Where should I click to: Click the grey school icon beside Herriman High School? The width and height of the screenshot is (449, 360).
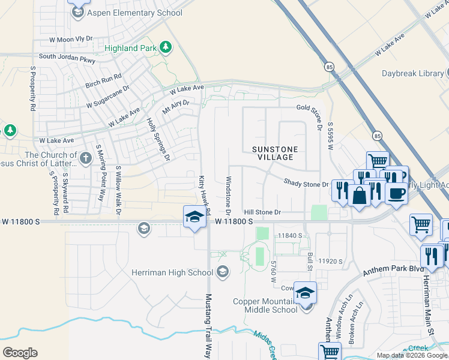222,272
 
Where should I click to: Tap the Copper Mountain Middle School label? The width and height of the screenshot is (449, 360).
271,305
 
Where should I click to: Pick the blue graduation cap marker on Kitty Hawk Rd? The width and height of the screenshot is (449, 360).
194,217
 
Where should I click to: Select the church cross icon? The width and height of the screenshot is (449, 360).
85,158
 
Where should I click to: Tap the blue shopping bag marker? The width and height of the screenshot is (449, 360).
358,196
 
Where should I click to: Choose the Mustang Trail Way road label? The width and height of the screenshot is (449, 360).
209,326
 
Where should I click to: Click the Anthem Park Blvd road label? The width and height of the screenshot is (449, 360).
390,269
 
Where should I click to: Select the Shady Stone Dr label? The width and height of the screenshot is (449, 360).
306,184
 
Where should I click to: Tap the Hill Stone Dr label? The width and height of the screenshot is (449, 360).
262,212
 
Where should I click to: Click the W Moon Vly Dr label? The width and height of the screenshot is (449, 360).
71,38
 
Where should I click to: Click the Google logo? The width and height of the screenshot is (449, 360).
20,352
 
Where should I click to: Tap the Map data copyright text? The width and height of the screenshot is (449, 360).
412,355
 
